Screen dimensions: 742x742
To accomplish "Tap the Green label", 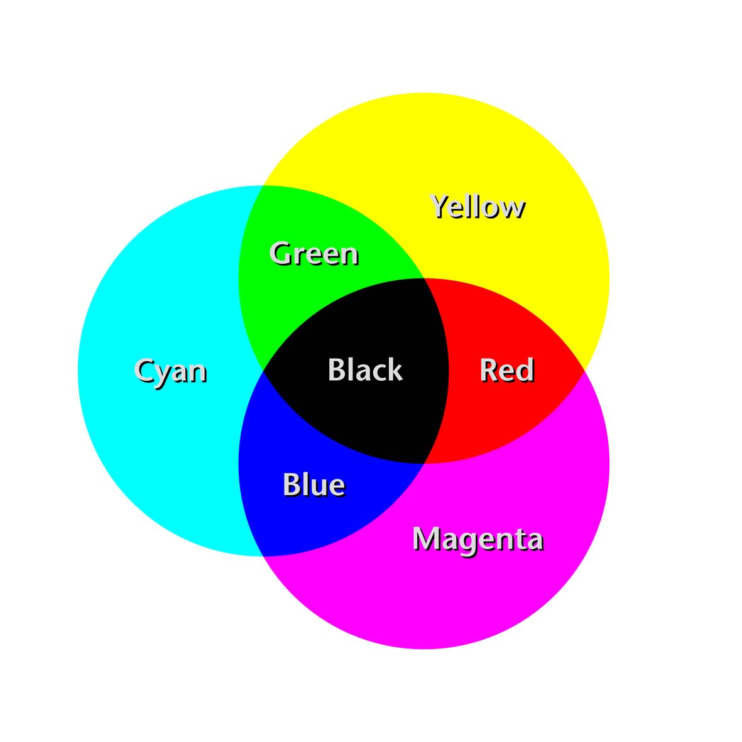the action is pos(314,254).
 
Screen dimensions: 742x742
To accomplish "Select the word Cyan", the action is pos(170,371).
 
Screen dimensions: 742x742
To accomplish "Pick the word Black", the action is pos(365,369).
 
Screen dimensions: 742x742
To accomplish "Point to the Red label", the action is pos(507,370).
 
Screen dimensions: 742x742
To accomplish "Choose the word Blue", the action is pos(314,484).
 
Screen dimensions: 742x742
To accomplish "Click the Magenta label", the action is pos(478,540).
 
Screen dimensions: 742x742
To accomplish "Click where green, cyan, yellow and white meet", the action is pos(263,186).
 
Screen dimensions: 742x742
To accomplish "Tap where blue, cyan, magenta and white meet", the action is pos(263,556).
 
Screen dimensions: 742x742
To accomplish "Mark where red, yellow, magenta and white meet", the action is pos(584,371).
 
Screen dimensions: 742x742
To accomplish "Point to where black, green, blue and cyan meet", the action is pos(263,371).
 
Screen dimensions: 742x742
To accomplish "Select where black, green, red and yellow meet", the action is pos(423,278).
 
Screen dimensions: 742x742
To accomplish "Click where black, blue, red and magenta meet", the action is pos(423,463).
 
